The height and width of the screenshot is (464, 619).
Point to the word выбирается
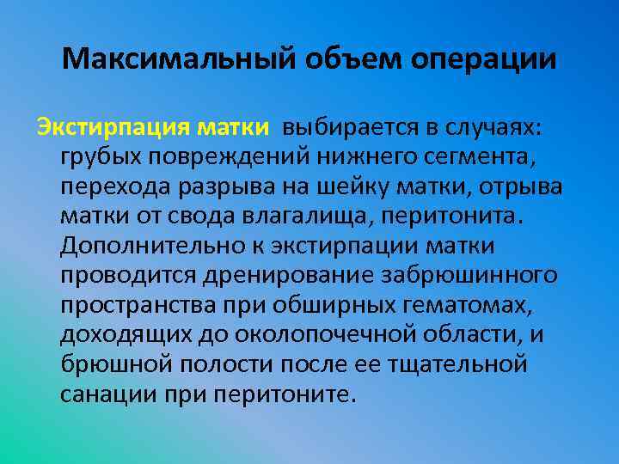coord(353,128)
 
